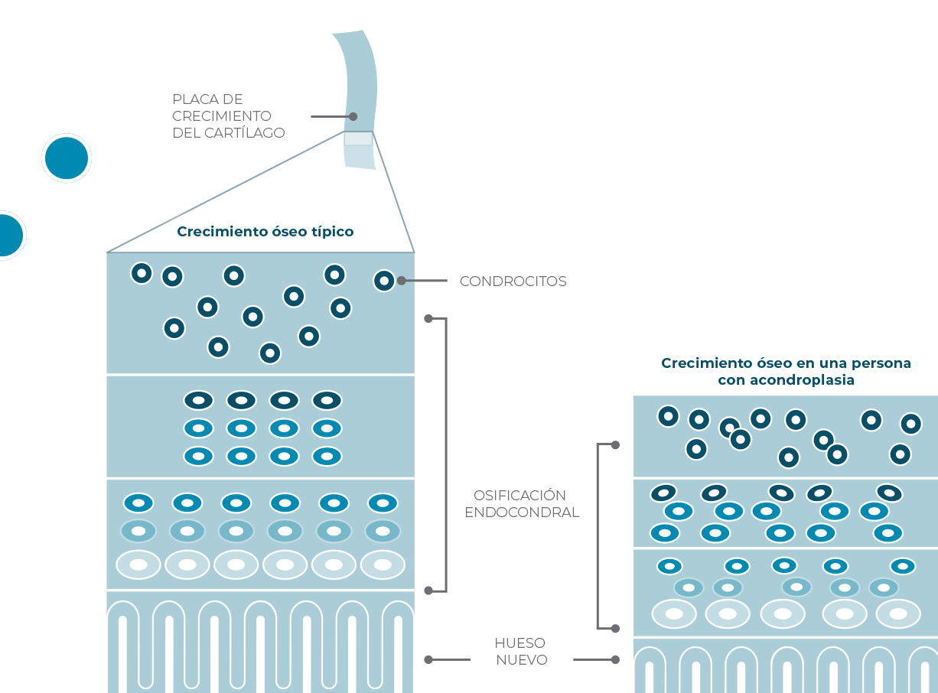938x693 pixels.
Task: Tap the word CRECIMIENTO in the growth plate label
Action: (x=222, y=116)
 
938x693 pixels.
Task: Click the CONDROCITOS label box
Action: (x=521, y=282)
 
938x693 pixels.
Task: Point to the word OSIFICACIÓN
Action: (x=520, y=495)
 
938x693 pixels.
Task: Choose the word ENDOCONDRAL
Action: (x=521, y=512)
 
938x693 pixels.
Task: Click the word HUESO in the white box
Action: (x=520, y=643)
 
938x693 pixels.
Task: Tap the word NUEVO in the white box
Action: (x=522, y=659)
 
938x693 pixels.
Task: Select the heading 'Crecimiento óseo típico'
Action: (x=265, y=231)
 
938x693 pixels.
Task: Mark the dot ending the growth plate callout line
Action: (x=353, y=116)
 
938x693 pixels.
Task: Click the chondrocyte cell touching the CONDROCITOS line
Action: (x=384, y=281)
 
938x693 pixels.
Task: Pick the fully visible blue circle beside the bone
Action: (x=67, y=158)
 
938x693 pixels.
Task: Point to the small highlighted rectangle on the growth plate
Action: (x=358, y=139)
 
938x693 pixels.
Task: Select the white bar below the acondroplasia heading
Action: (x=789, y=389)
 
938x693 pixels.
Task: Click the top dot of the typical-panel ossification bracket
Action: (x=428, y=318)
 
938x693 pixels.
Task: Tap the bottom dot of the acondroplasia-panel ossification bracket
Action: (x=615, y=628)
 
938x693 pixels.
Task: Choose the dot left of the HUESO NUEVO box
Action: (x=428, y=659)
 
